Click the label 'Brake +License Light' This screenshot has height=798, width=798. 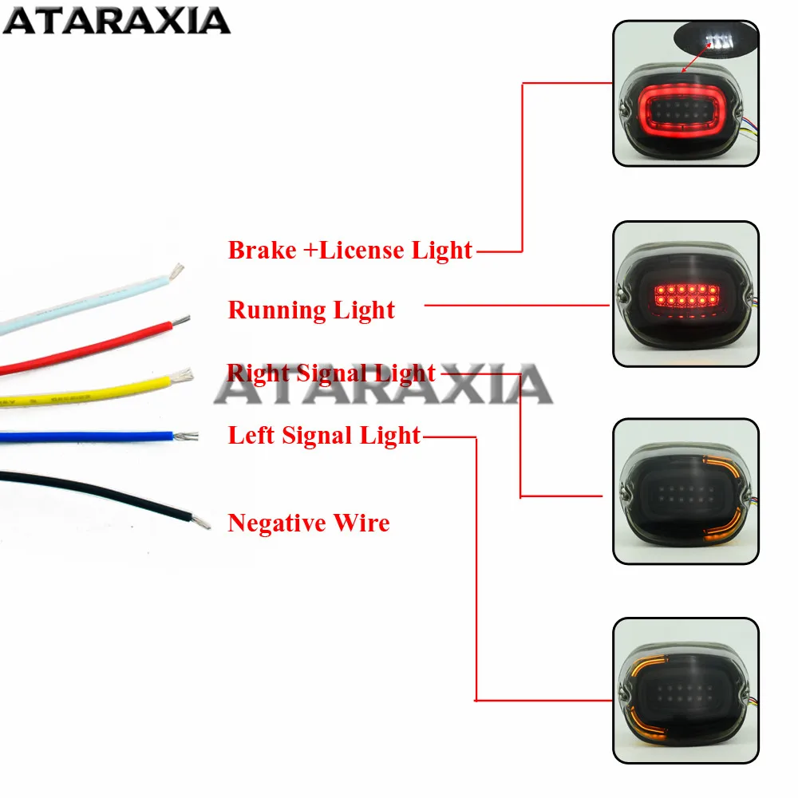pos(350,251)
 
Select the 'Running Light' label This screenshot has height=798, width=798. pos(311,310)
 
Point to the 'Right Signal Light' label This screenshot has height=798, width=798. pos(332,373)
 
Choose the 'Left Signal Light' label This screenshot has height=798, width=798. pos(324,436)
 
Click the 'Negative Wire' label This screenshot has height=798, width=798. pos(309,523)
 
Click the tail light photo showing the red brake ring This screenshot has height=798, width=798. pos(685,93)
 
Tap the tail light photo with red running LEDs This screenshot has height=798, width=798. pos(685,294)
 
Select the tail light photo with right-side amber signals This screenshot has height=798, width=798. pos(685,491)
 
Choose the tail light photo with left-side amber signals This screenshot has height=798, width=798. pos(685,690)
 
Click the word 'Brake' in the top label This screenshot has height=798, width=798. pos(262,251)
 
